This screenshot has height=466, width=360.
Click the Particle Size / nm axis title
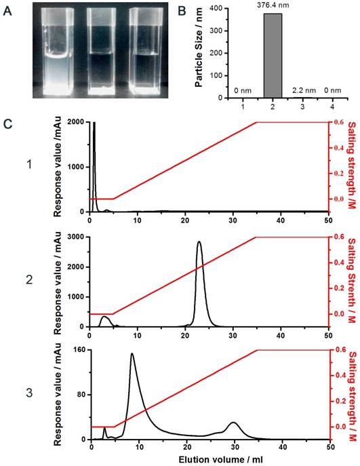[200, 49]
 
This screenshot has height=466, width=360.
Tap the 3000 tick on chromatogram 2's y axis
[77, 237]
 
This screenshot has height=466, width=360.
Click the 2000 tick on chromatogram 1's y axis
[77, 123]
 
